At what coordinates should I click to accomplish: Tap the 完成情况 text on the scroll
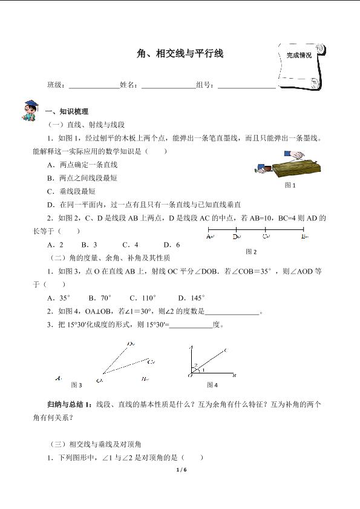[299, 55]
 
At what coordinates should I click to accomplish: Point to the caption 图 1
[290, 185]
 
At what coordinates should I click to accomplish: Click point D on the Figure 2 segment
[236, 237]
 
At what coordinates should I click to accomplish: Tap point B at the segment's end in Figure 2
[304, 237]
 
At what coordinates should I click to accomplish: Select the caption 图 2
[251, 251]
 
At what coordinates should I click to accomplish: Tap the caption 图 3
[76, 384]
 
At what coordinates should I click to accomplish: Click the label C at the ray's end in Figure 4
[225, 350]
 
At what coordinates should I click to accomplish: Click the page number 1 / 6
[180, 469]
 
